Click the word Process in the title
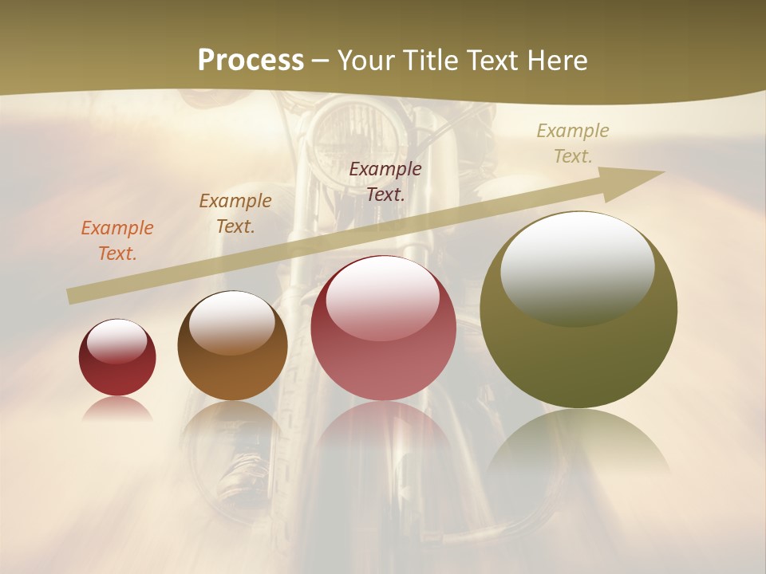coord(251,61)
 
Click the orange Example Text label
coord(117,240)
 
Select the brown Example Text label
coord(235,213)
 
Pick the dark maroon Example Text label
coord(385,181)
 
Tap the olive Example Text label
coord(573,143)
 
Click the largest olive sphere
coord(578,351)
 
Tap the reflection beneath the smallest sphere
coord(117,408)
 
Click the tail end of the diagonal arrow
coord(73,296)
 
